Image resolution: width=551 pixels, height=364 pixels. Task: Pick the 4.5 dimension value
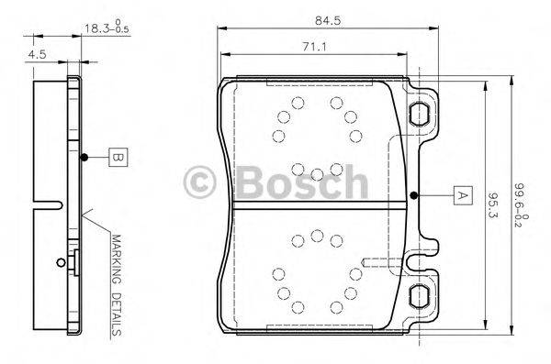click(x=37, y=55)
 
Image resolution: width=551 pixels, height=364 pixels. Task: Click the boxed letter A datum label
click(x=461, y=195)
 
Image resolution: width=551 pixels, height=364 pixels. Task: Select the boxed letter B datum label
click(x=116, y=158)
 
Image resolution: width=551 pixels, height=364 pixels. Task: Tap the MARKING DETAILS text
click(x=117, y=285)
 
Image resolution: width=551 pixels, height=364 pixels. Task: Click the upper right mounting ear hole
click(x=419, y=114)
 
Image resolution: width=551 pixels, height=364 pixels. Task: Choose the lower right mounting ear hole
click(x=419, y=295)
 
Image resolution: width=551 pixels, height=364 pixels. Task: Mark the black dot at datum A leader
click(x=414, y=195)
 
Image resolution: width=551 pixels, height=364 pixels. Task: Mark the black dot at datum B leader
click(x=84, y=158)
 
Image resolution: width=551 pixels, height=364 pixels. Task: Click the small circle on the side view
click(x=62, y=263)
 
